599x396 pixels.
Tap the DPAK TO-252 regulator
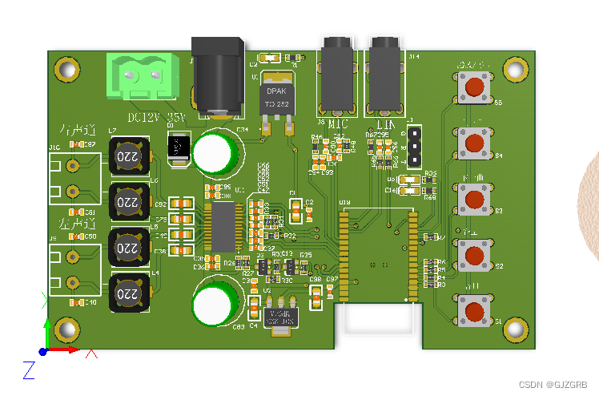276,98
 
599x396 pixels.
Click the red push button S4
475,142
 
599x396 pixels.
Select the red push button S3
475,198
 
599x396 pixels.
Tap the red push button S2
475,254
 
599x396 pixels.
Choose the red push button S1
475,310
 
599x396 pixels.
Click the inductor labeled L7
128,156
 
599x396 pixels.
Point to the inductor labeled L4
128,293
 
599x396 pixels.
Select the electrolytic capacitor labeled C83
214,305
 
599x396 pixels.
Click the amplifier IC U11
226,227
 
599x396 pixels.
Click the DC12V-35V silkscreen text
156,118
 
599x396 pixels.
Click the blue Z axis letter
28,370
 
